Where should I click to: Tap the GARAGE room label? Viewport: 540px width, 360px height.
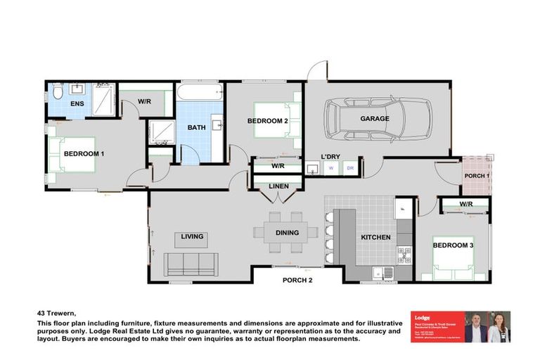(375, 119)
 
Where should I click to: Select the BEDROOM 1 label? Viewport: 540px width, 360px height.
(84, 153)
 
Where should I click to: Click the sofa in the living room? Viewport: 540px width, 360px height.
(190, 264)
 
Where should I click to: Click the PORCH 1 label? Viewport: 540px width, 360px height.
(477, 176)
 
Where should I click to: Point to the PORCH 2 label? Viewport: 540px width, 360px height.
(297, 279)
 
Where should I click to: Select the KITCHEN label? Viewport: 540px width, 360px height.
(375, 237)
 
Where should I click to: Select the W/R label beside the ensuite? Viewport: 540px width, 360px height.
(144, 101)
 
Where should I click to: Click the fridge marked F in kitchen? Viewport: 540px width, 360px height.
(403, 209)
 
